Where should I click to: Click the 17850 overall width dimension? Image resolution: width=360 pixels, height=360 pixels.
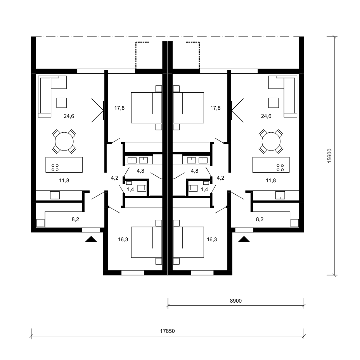point(167,331)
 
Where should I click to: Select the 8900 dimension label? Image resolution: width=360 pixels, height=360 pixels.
point(236,301)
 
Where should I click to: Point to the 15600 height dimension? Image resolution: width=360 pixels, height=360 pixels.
point(330,156)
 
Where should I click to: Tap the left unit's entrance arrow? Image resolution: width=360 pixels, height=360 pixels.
point(91,239)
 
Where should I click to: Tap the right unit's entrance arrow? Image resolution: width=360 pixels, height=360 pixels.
point(244,239)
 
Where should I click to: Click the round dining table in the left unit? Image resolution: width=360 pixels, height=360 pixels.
point(64,141)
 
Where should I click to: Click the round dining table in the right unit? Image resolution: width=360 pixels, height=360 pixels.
point(271,141)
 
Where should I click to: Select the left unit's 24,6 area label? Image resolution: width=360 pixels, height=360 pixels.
point(69,116)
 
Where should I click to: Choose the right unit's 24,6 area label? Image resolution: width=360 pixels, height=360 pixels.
point(266,116)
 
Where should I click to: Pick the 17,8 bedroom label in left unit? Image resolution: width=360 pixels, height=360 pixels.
point(119,108)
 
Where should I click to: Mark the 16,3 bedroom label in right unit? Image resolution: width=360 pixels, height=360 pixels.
point(212,239)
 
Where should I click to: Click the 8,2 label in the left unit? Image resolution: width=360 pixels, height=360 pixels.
point(75,219)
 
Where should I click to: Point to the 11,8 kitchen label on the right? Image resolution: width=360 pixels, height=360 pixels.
point(271,180)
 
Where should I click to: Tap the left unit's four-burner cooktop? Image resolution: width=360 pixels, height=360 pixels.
point(55,168)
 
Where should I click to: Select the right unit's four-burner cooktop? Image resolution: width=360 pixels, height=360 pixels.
point(280,168)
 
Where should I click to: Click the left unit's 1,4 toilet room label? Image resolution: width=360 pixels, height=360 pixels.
point(130,189)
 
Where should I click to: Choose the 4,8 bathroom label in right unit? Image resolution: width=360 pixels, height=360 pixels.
point(194,171)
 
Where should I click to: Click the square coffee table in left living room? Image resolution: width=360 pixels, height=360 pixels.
point(62,103)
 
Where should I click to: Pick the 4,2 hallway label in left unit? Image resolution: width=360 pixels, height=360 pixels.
point(114,178)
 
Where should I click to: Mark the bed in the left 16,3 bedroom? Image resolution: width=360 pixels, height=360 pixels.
point(147,242)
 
